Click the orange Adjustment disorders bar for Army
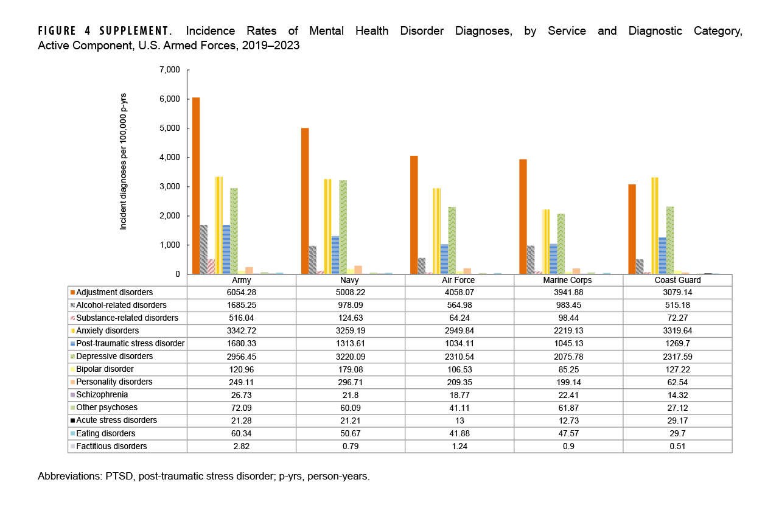point(196,186)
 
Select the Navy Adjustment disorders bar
point(305,201)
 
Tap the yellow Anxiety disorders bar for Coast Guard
point(655,226)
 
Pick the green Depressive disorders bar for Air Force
point(452,240)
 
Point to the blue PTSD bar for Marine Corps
point(553,259)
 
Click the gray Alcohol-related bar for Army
point(203,250)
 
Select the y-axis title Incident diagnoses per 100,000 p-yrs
point(124,161)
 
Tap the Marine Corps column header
point(568,281)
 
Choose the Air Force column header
point(459,281)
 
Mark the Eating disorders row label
point(102,433)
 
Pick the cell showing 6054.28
point(242,293)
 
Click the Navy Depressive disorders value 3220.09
point(351,357)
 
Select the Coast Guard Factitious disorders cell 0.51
point(677,446)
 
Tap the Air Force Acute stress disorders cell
point(459,421)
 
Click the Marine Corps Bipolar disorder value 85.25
point(568,369)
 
